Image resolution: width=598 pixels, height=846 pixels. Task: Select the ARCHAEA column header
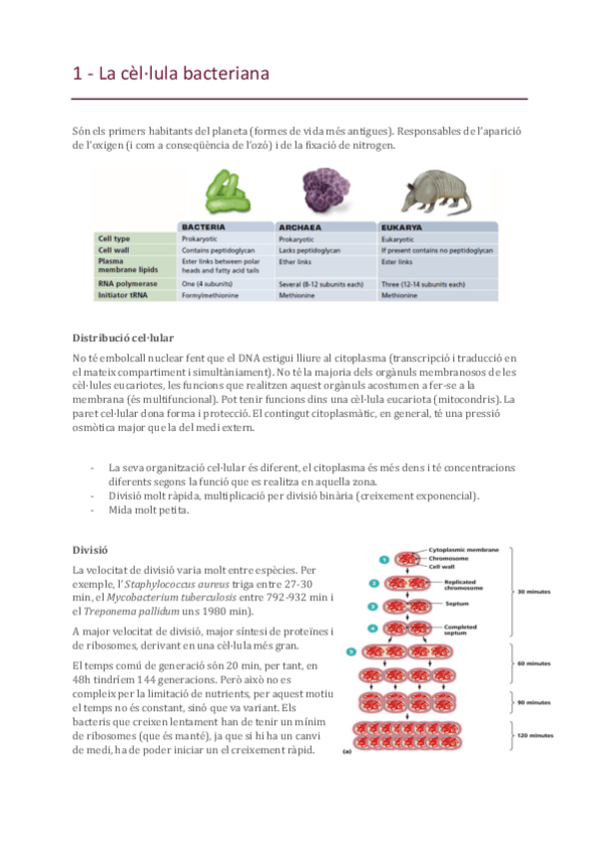302,226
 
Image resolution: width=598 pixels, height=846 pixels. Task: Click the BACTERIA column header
205,226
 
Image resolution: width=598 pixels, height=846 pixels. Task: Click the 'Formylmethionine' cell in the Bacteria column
210,295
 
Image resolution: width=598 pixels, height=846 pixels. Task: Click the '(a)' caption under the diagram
347,750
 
